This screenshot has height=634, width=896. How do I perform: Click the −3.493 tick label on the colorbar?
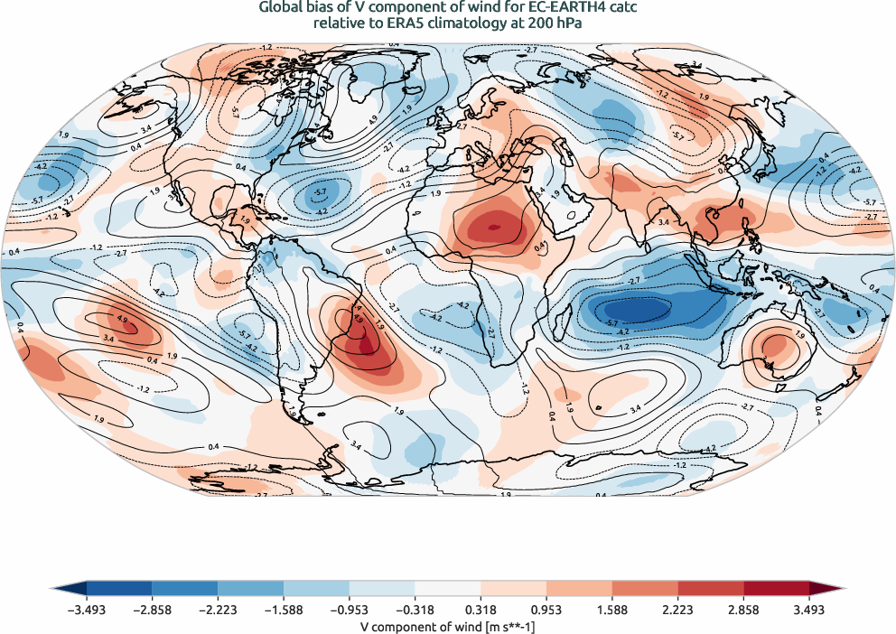click(x=86, y=611)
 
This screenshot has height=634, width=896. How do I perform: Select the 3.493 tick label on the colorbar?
click(x=808, y=611)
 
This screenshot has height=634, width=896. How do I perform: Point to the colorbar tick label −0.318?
click(x=415, y=611)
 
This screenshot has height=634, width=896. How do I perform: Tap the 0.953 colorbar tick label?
click(x=546, y=611)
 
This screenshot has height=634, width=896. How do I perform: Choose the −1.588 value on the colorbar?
click(x=283, y=611)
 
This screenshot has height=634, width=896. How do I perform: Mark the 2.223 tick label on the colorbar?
click(x=677, y=611)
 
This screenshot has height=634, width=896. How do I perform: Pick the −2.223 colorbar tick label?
click(x=218, y=611)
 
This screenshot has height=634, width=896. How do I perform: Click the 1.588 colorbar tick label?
click(x=611, y=611)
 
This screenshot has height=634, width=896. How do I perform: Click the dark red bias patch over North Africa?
click(x=491, y=226)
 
